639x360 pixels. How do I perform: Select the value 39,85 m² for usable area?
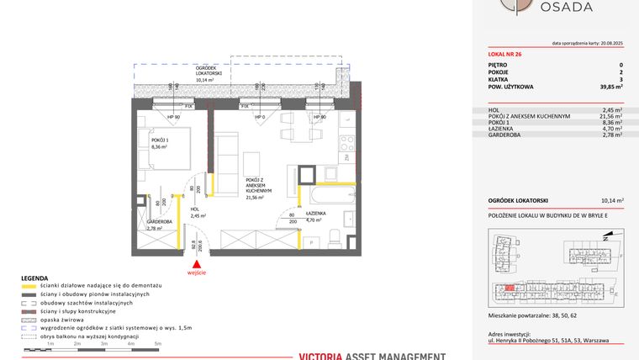coord(610,87)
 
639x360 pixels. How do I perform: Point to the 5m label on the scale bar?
coord(157,345)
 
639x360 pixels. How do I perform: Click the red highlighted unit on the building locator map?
coord(510,288)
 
